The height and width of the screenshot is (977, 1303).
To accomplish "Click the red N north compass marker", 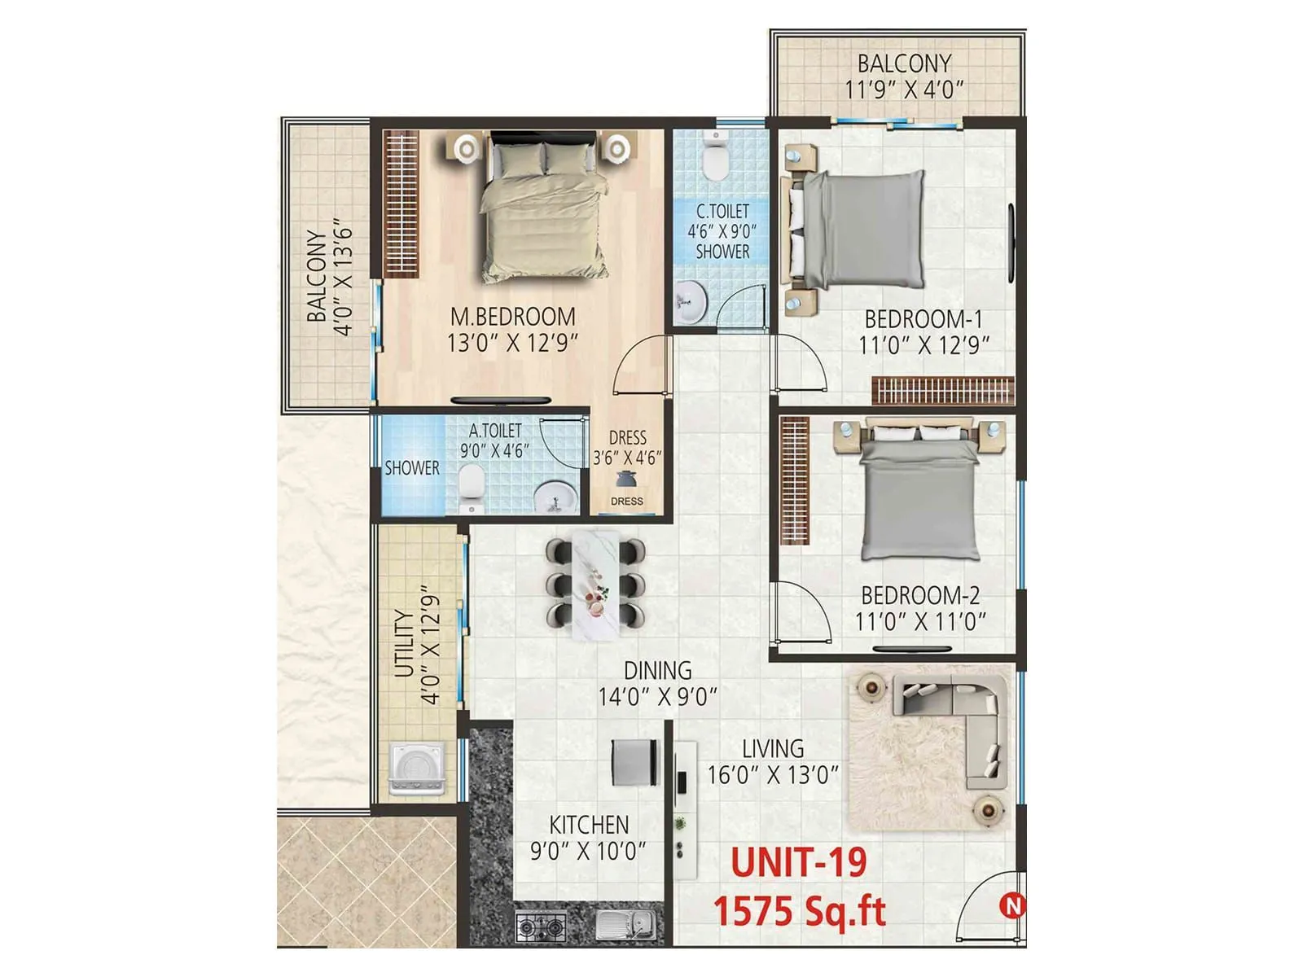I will pos(1013,905).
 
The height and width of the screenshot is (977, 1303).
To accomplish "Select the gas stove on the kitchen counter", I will pos(541,926).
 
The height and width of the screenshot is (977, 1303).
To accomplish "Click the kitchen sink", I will pos(625,925).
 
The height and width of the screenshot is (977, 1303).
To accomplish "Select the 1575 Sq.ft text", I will pos(799,910).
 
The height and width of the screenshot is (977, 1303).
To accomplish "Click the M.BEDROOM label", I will pos(513,317).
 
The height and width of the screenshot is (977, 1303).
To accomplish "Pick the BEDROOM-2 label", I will pos(920,595).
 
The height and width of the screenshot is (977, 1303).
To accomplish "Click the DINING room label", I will pos(657,670).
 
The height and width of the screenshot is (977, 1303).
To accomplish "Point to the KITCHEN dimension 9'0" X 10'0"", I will pos(588,852).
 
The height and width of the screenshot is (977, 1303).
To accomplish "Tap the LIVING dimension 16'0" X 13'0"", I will pos(772,774).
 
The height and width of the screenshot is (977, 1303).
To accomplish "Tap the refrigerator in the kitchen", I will pos(634,763).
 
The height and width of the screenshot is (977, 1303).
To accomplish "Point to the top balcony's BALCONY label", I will pos(904,64).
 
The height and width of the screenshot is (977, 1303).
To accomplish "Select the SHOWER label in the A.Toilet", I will pos(412,468).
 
